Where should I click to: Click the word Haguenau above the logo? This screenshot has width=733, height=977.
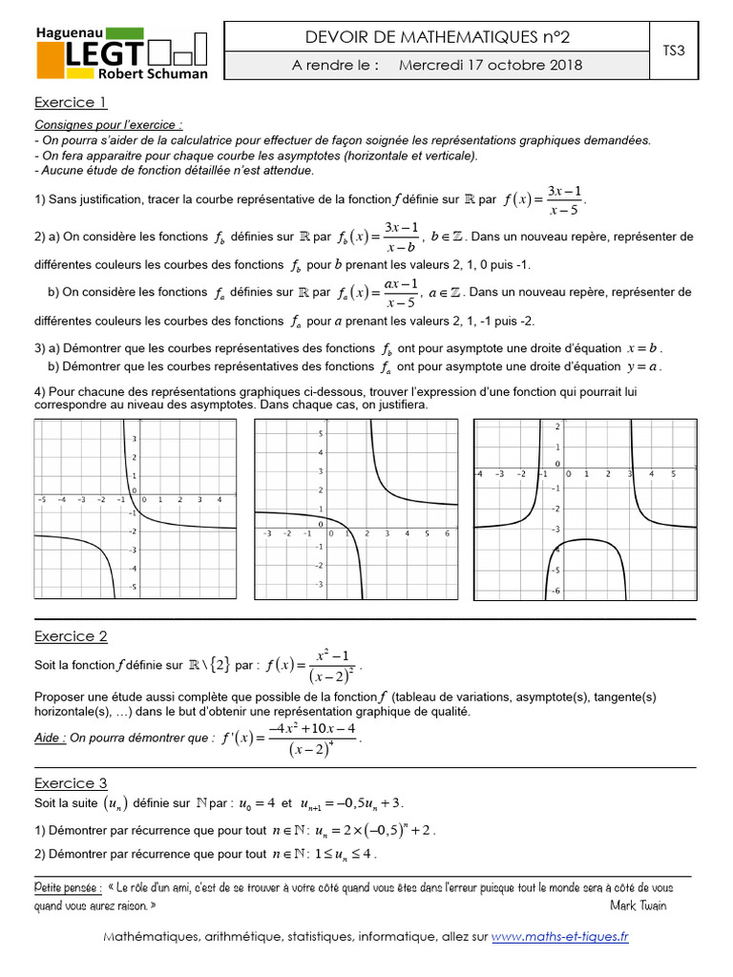point(70,32)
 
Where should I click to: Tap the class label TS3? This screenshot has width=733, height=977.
point(674,51)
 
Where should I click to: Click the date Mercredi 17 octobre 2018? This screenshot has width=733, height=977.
point(490,66)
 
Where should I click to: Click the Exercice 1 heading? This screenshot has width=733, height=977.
point(70,102)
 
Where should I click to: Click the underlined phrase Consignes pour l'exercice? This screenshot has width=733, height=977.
point(108,125)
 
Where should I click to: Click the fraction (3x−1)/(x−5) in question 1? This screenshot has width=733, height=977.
point(564,199)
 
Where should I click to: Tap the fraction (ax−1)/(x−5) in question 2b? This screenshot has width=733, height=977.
point(401,292)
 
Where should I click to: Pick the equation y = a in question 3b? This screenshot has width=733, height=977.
point(644,365)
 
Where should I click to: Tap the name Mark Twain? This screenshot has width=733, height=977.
point(639,904)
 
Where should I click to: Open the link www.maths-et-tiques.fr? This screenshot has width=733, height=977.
point(560,937)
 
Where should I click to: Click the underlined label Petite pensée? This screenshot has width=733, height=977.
point(68,887)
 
